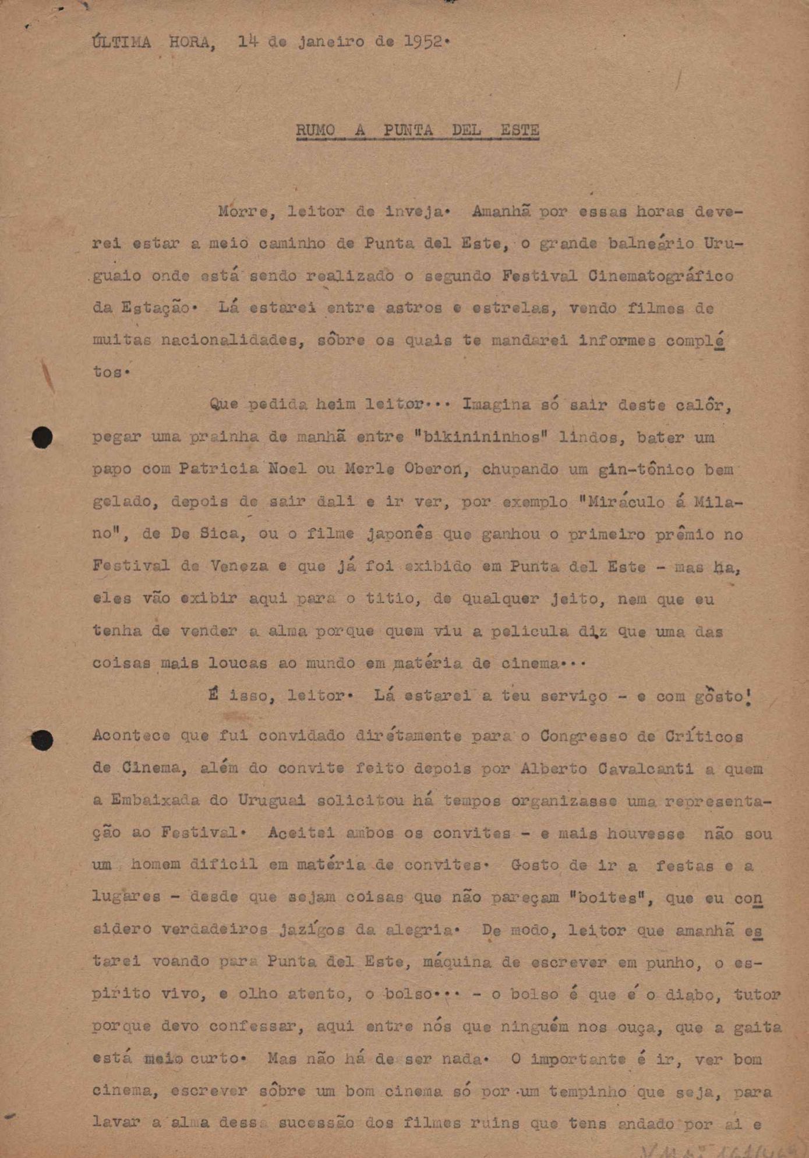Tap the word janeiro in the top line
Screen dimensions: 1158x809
pyautogui.click(x=331, y=42)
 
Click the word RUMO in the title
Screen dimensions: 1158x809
pyautogui.click(x=315, y=130)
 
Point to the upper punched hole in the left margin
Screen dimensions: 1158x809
pyautogui.click(x=42, y=437)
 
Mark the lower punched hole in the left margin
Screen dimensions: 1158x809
pyautogui.click(x=42, y=739)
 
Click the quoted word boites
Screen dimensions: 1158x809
pyautogui.click(x=603, y=897)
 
